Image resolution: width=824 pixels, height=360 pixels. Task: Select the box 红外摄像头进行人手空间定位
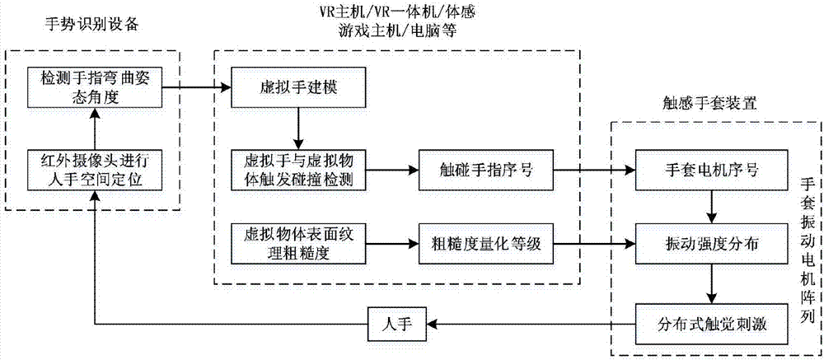tap(91, 169)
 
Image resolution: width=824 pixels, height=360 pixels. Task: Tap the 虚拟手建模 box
tap(297, 86)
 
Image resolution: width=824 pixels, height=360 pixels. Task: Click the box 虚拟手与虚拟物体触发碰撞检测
tap(297, 171)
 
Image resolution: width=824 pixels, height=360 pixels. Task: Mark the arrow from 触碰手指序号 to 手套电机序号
tap(593, 171)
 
